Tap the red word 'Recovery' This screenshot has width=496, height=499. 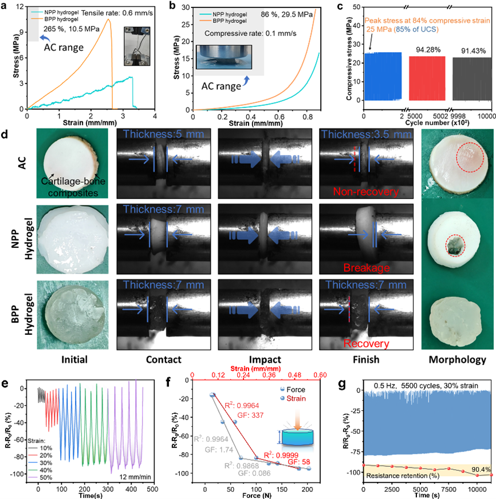pyautogui.click(x=361, y=343)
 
